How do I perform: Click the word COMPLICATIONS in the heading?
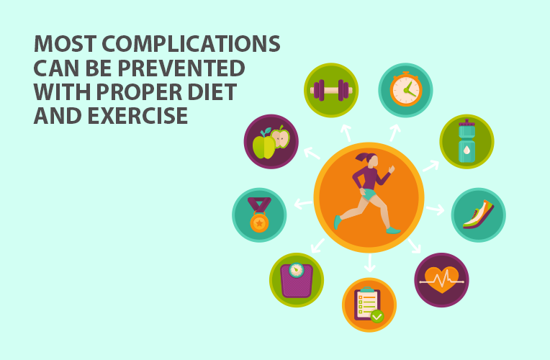tap(191, 44)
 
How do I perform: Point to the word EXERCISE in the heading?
tap(137, 115)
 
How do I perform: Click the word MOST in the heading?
tap(66, 44)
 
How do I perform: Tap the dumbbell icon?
tap(331, 90)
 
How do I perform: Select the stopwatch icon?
tap(406, 89)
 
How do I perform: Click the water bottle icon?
tap(467, 140)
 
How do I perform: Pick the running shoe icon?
tap(479, 215)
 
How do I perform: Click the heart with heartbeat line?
tap(441, 280)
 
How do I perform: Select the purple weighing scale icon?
tap(297, 280)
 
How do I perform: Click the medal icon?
tap(259, 215)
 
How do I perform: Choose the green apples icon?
tap(271, 142)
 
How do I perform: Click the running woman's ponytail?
tap(361, 157)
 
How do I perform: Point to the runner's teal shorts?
tap(369, 194)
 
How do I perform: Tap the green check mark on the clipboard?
tap(377, 317)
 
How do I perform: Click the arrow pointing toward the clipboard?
tap(370, 263)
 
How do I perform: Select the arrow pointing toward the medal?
tap(303, 204)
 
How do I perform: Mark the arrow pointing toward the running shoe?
tap(436, 210)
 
